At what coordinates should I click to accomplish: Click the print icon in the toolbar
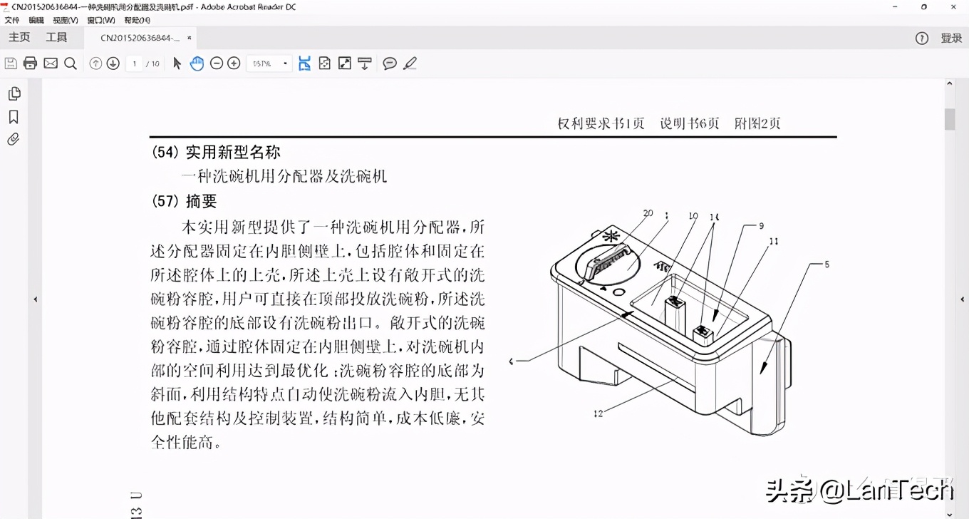pyautogui.click(x=30, y=63)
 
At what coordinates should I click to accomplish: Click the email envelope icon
pyautogui.click(x=51, y=63)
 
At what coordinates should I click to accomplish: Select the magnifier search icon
pyautogui.click(x=71, y=63)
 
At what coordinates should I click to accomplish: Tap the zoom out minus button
pyautogui.click(x=217, y=63)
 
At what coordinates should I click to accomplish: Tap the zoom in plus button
pyautogui.click(x=234, y=63)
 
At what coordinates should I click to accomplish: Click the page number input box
pyautogui.click(x=135, y=63)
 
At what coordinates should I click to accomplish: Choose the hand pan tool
pyautogui.click(x=197, y=63)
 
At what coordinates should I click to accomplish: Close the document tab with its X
pyautogui.click(x=189, y=38)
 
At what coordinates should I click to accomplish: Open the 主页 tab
pyautogui.click(x=20, y=38)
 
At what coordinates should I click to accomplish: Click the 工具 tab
pyautogui.click(x=56, y=38)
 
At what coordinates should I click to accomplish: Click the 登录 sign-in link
pyautogui.click(x=951, y=38)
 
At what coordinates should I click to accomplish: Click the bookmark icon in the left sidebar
pyautogui.click(x=14, y=117)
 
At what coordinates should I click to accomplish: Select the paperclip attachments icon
pyautogui.click(x=14, y=140)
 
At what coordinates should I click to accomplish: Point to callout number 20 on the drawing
pyautogui.click(x=648, y=213)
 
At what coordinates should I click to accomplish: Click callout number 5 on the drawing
pyautogui.click(x=826, y=264)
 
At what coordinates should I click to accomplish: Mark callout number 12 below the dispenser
pyautogui.click(x=598, y=413)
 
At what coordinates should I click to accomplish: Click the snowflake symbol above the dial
pyautogui.click(x=611, y=237)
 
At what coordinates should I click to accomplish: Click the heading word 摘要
pyautogui.click(x=201, y=202)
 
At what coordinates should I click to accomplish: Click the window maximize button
pyautogui.click(x=923, y=7)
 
